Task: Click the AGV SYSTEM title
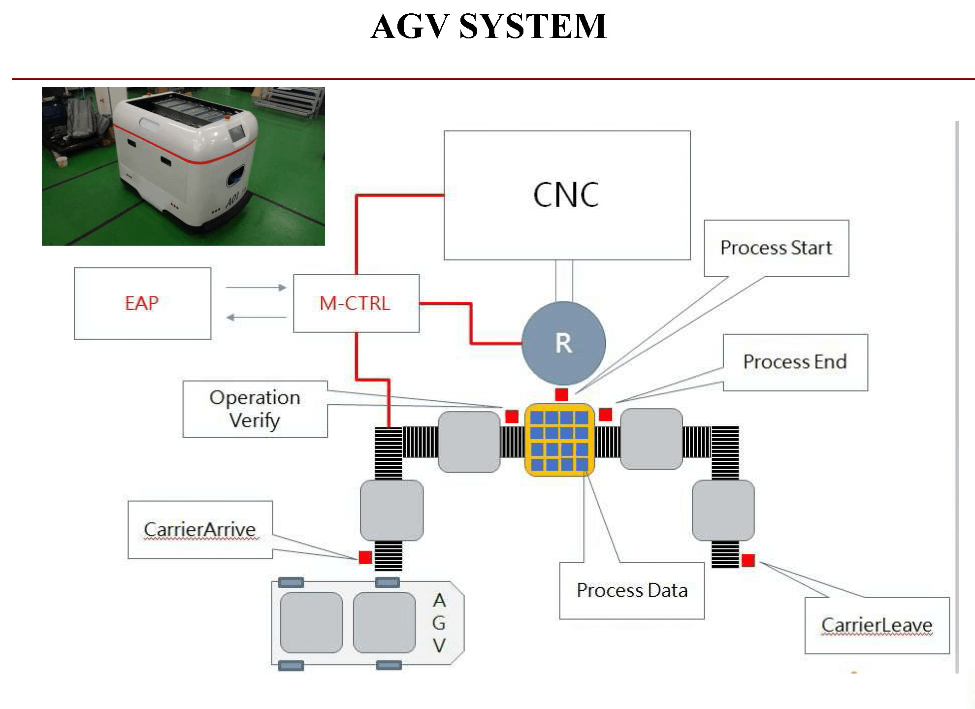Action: coord(488,27)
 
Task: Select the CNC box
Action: coord(567,195)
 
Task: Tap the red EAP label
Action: coord(142,303)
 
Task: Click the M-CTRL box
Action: coord(356,303)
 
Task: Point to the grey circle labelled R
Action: coord(564,343)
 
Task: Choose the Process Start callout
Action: coord(776,248)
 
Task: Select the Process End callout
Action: coord(795,362)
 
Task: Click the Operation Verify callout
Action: coord(255,409)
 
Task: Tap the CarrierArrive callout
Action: coord(200,530)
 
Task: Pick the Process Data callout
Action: coord(632,590)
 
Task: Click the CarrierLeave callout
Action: coord(877,625)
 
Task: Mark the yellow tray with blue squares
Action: coord(559,440)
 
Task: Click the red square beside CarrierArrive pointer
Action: coord(365,557)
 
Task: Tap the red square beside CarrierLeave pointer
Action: coord(748,560)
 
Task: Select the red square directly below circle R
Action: coord(561,394)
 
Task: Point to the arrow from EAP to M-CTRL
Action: coord(256,288)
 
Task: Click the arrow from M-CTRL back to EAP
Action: coord(256,318)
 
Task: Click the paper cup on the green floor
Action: coord(62,161)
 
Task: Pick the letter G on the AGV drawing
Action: coord(439,623)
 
